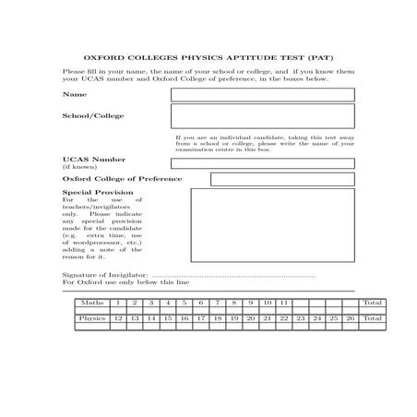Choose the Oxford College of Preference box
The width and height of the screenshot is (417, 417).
[282, 179]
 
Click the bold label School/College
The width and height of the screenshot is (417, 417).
[92, 116]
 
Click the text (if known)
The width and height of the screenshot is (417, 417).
[77, 167]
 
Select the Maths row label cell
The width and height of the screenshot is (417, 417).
[91, 303]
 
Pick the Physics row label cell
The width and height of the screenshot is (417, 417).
[91, 318]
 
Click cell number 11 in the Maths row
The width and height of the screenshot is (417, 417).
[284, 303]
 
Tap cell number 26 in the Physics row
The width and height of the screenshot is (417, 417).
[350, 318]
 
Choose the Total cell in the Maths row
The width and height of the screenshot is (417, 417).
[373, 303]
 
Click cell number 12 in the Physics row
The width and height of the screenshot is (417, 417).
[118, 318]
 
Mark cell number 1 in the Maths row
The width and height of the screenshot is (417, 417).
[118, 303]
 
